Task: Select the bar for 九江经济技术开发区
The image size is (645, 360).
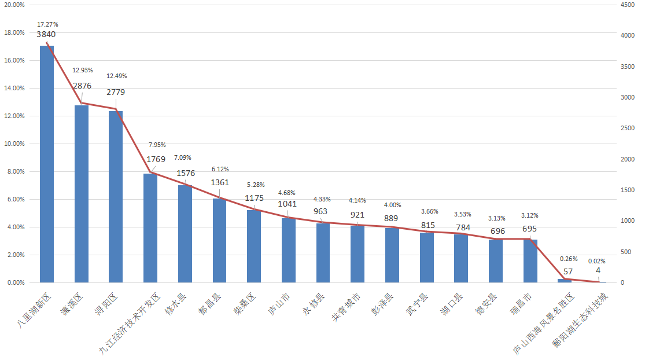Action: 150,228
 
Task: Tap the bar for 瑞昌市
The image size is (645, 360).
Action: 530,261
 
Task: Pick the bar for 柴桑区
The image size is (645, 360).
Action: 254,246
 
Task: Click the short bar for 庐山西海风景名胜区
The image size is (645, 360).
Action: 565,281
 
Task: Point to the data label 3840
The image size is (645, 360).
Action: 46,34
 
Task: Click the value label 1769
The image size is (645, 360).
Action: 156,159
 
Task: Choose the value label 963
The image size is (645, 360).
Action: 321,211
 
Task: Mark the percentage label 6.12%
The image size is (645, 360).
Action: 220,169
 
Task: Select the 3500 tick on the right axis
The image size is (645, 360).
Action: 626,67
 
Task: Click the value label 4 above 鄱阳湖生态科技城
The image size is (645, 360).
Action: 598,270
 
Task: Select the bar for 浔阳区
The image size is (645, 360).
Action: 116,197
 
